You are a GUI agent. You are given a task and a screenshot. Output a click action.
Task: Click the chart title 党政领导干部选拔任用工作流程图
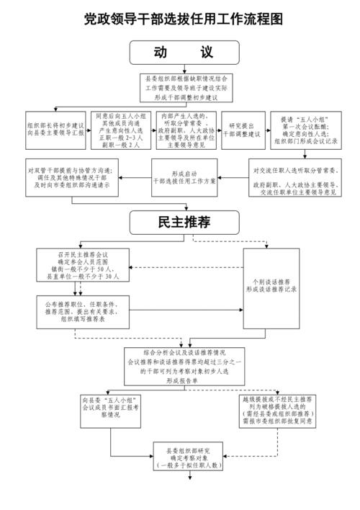[x=180, y=17]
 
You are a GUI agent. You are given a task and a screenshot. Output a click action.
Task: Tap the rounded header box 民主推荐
[x=180, y=223]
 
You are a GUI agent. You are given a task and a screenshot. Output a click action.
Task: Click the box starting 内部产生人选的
[x=186, y=130]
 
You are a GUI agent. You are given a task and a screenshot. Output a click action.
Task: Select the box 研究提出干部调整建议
[x=240, y=130]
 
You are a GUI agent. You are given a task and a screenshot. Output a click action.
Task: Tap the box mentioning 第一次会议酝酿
[x=302, y=130]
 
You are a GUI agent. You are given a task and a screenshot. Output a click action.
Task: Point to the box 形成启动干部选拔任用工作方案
[x=184, y=177]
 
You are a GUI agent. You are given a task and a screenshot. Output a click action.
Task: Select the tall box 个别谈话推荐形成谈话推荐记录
[x=271, y=284]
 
